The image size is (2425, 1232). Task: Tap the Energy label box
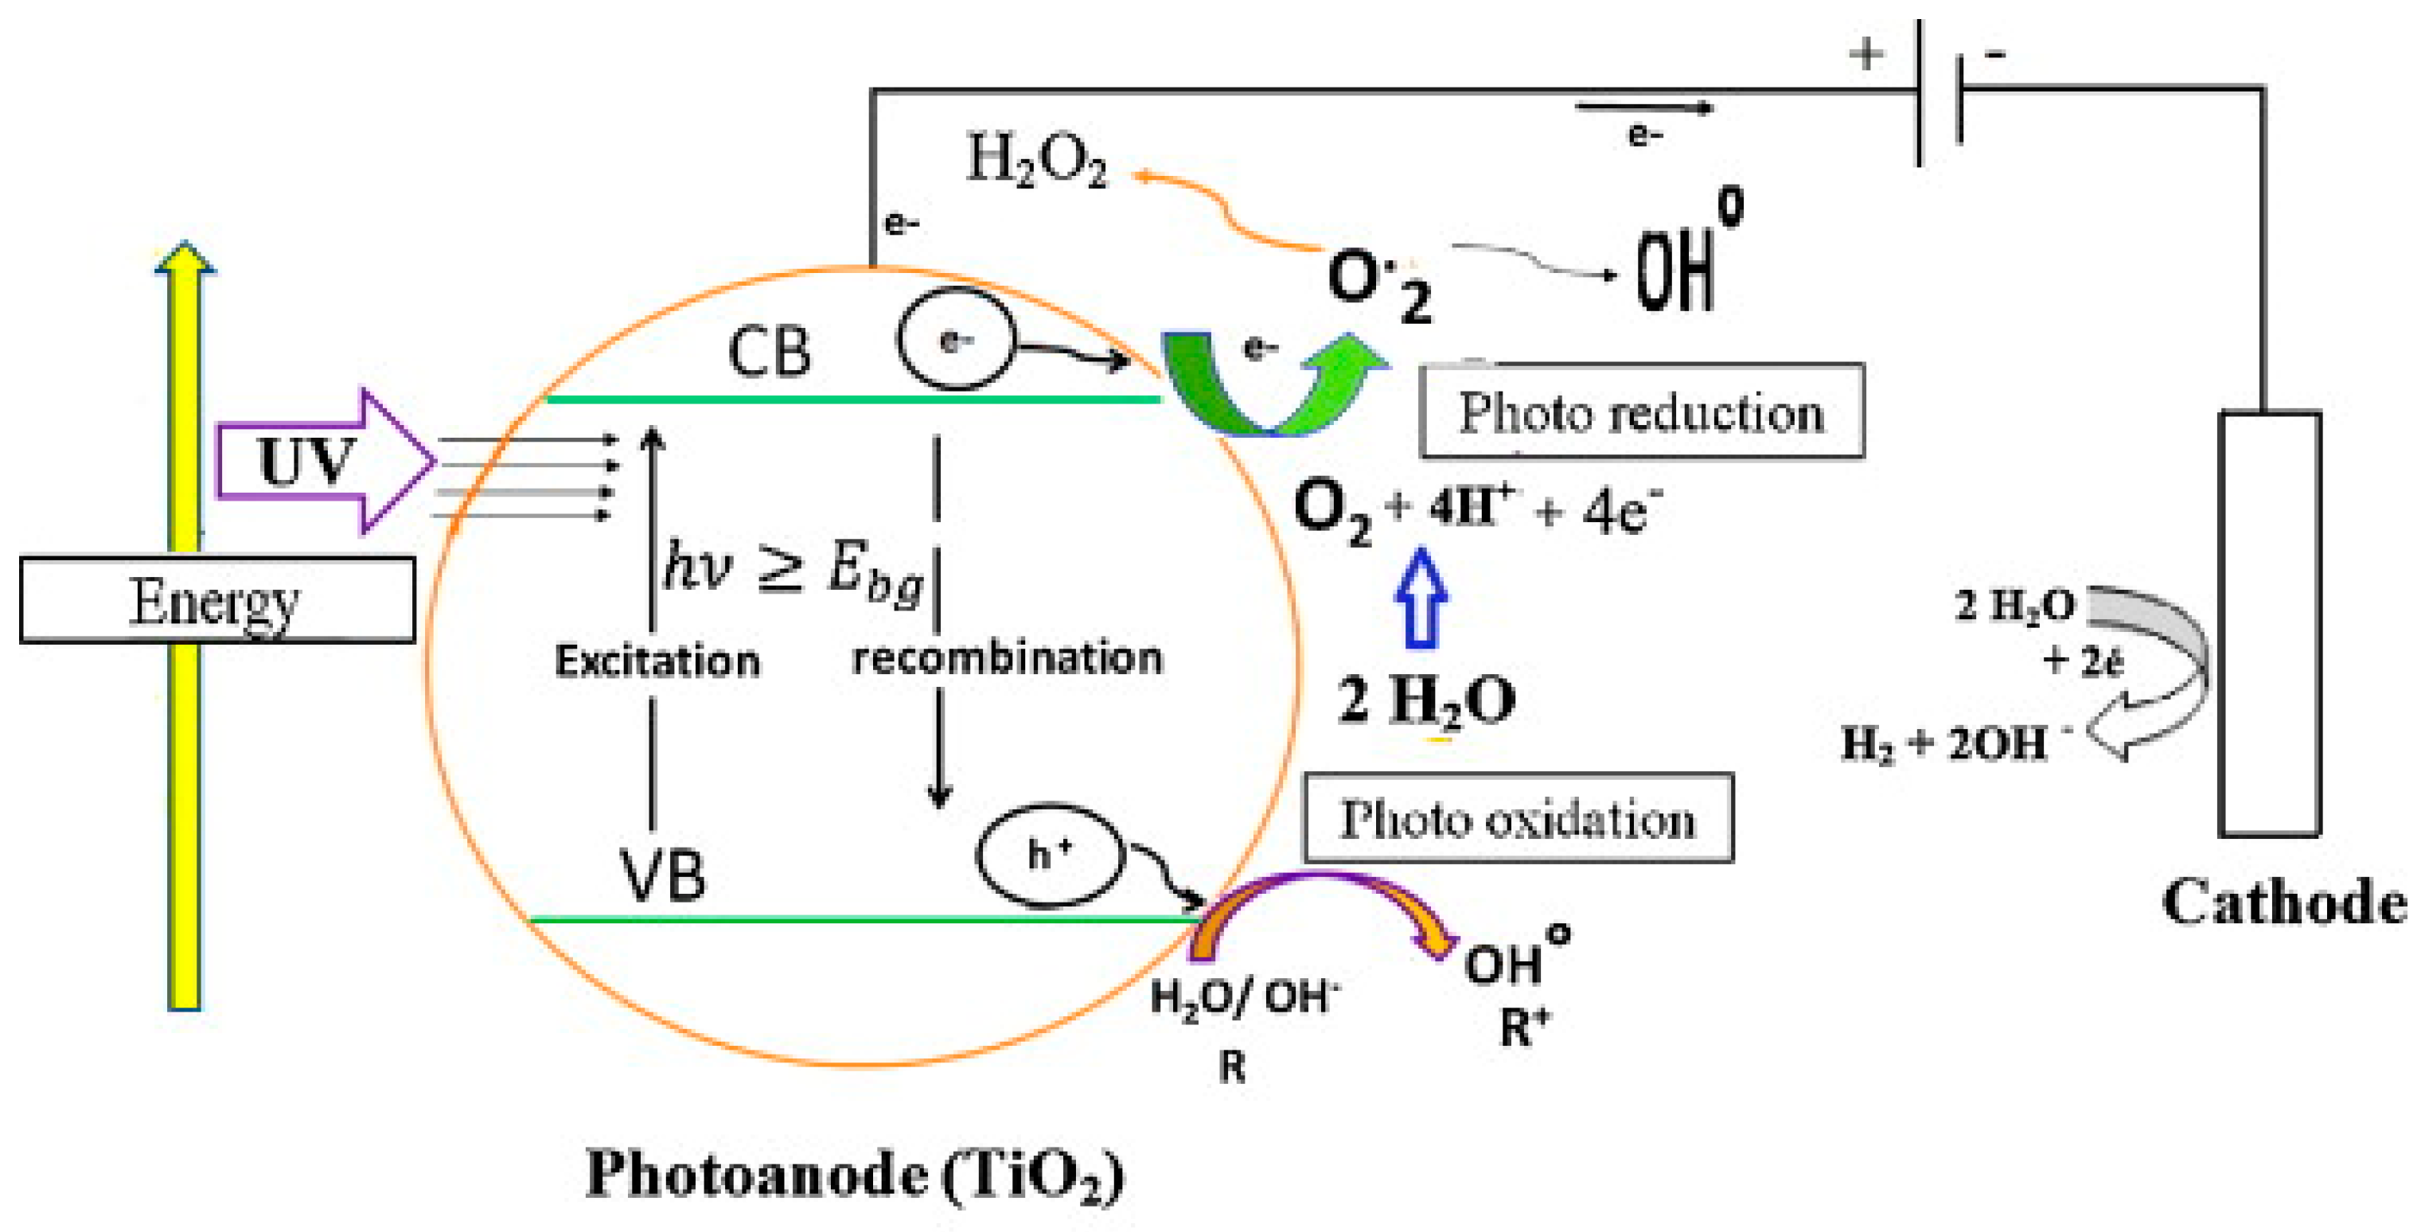(x=216, y=600)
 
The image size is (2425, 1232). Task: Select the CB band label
(x=769, y=352)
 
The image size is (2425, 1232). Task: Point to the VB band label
(x=663, y=875)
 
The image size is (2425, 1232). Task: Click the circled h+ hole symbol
(x=1051, y=856)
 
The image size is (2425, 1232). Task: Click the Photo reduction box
(x=1641, y=411)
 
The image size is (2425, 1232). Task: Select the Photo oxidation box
(x=1518, y=818)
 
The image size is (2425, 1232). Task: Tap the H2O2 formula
(x=1036, y=160)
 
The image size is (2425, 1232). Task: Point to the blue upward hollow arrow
(x=1421, y=600)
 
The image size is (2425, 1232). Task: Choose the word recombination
(x=1008, y=657)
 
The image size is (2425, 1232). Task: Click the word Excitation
(x=657, y=661)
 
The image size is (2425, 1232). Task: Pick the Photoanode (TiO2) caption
(x=855, y=1175)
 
